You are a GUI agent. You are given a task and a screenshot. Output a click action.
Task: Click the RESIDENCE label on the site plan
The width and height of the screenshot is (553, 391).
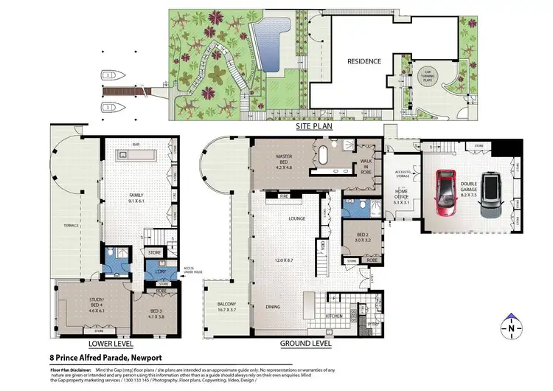click(364, 61)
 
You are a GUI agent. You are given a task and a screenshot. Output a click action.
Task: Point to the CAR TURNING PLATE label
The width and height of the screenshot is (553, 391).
click(425, 69)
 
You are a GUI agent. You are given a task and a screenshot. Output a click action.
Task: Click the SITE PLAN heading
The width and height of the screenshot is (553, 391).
click(315, 127)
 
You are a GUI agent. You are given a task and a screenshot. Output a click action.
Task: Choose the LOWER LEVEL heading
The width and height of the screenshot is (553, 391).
click(110, 344)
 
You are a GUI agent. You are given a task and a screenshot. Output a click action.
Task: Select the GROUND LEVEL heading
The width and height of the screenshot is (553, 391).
click(305, 344)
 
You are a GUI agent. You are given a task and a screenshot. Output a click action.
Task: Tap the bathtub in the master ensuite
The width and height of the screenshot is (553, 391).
click(322, 156)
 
